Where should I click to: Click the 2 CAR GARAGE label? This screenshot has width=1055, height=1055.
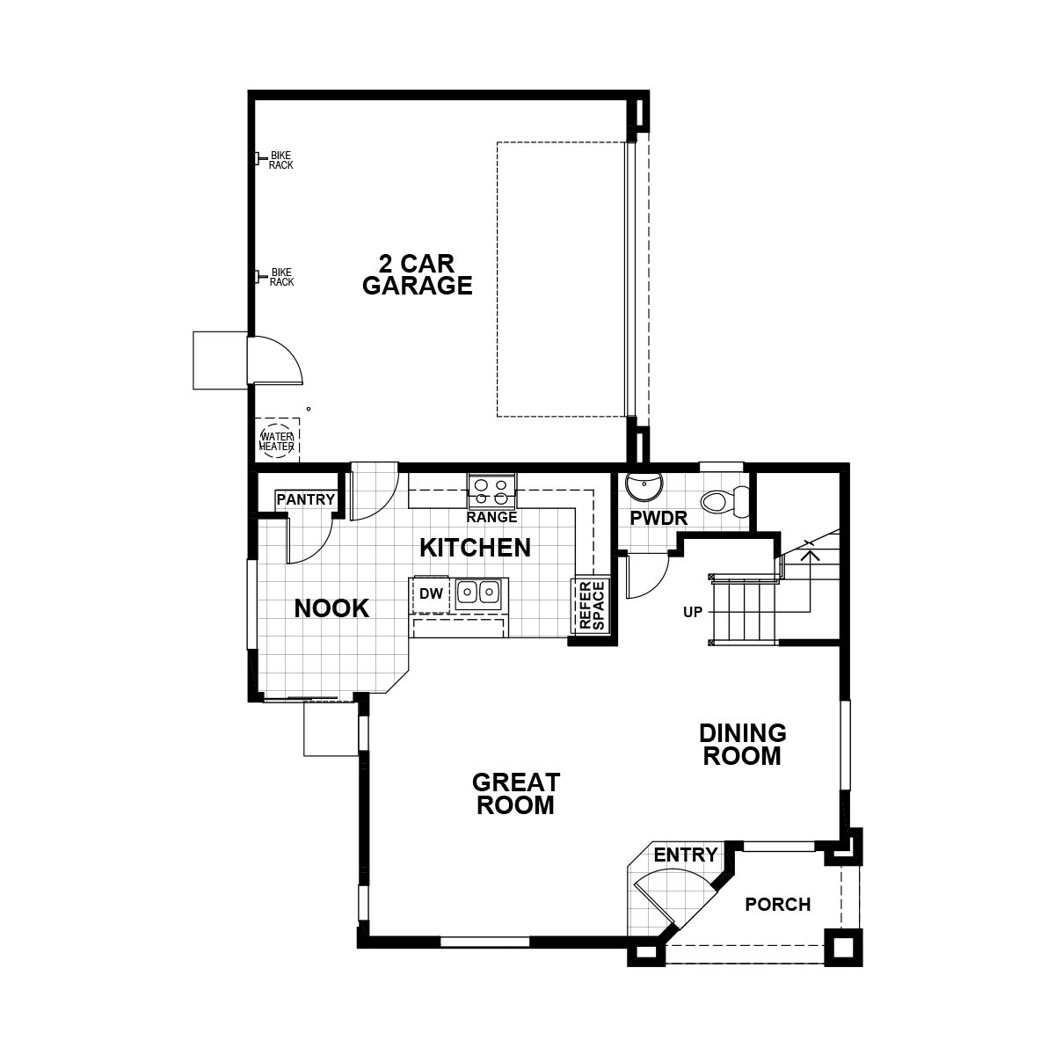click(x=418, y=274)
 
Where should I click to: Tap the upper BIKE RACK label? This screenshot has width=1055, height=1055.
click(x=280, y=160)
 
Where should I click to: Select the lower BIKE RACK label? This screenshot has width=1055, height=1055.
click(x=280, y=277)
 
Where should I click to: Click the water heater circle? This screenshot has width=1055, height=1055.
click(x=276, y=440)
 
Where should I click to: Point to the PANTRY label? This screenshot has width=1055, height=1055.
click(x=306, y=500)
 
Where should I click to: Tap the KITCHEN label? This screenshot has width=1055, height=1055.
click(x=475, y=548)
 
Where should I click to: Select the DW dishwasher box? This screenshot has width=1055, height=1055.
click(x=431, y=594)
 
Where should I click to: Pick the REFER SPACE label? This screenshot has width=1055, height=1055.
click(x=591, y=605)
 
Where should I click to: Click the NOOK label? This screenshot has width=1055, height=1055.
click(x=331, y=608)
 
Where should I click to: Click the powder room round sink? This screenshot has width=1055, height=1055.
click(x=644, y=486)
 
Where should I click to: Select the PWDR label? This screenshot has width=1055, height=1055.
click(x=658, y=519)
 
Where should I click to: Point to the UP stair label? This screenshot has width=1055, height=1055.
click(x=693, y=611)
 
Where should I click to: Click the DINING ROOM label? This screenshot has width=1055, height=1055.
click(x=742, y=744)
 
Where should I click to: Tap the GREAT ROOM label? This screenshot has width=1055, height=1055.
click(x=515, y=793)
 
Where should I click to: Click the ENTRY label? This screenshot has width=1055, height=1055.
click(x=686, y=855)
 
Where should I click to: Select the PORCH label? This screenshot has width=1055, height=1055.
click(x=777, y=905)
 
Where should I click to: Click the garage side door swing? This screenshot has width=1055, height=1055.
click(x=276, y=360)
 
